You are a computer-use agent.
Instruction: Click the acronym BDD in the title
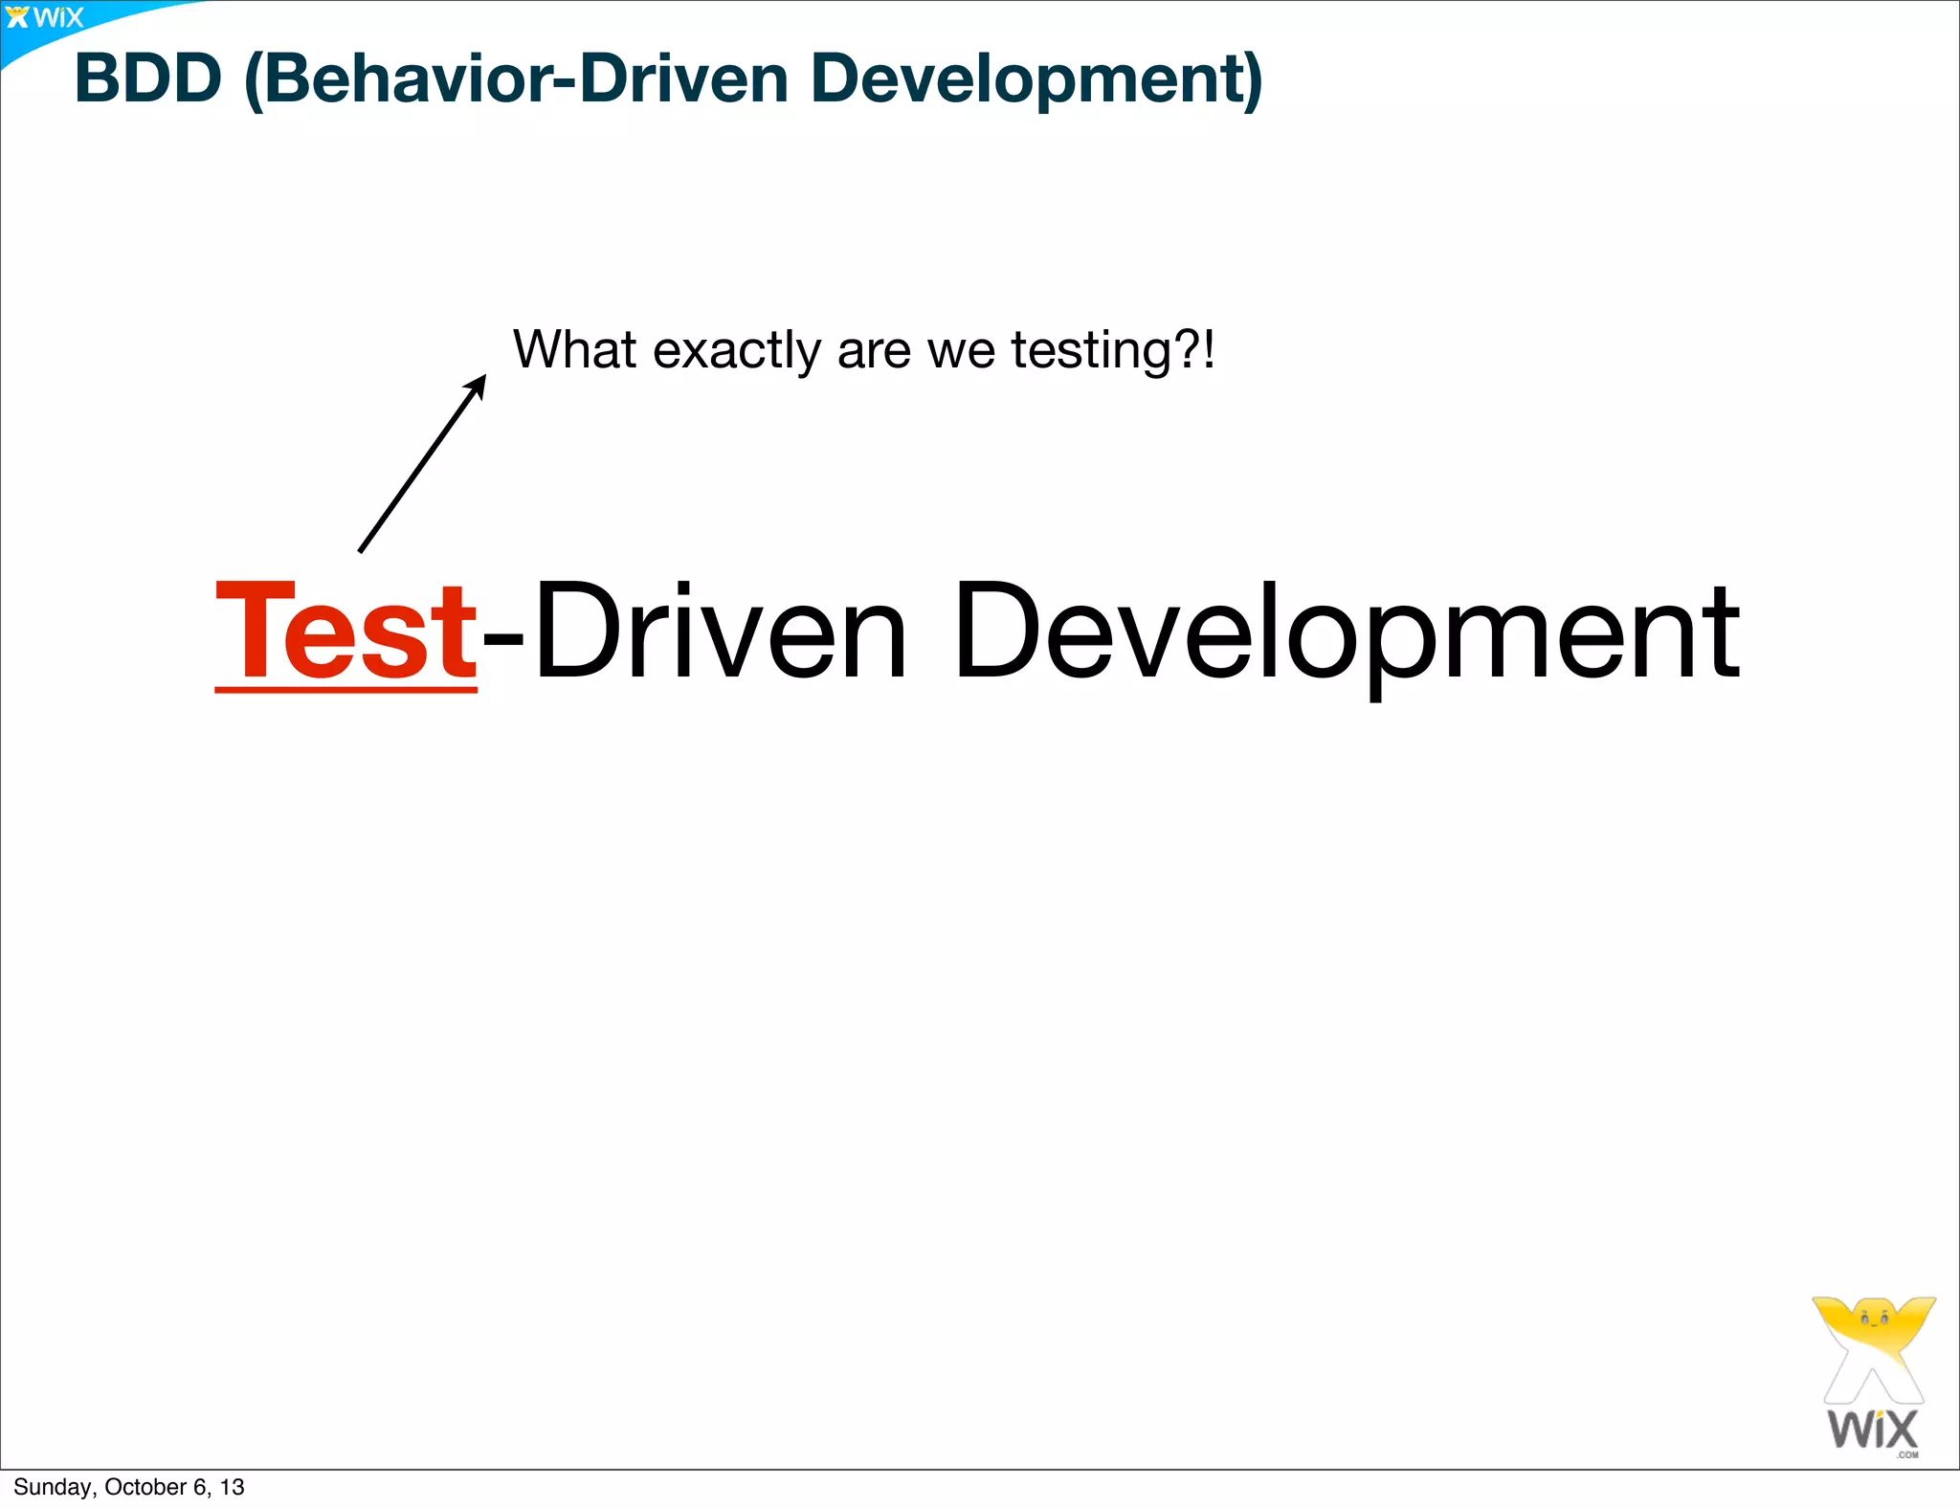[147, 78]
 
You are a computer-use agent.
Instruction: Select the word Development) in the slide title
[1036, 80]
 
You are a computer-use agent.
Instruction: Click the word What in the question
[573, 349]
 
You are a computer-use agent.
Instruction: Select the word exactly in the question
[736, 351]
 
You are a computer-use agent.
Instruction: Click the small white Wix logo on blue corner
[45, 17]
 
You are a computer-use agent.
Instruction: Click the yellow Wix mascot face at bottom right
[1874, 1325]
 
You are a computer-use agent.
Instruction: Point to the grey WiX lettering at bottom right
[1872, 1430]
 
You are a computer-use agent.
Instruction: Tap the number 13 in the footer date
[232, 1487]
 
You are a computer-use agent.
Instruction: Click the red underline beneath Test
[345, 688]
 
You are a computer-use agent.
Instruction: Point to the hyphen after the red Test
[503, 635]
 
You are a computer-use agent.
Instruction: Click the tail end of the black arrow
[361, 550]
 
